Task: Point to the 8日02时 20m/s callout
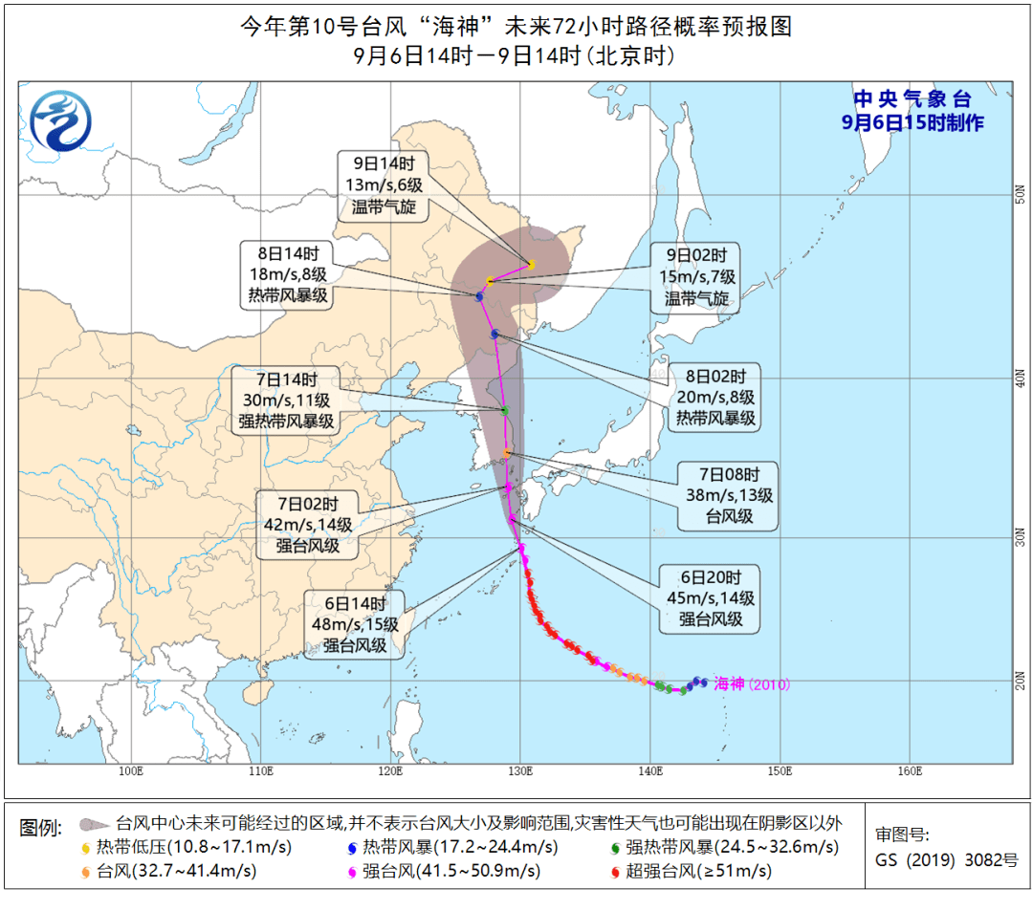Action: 712,396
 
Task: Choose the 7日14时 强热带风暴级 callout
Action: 287,399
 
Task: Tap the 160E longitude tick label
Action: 910,770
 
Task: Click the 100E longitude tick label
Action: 131,770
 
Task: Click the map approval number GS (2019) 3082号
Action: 946,858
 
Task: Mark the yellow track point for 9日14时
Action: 532,264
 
